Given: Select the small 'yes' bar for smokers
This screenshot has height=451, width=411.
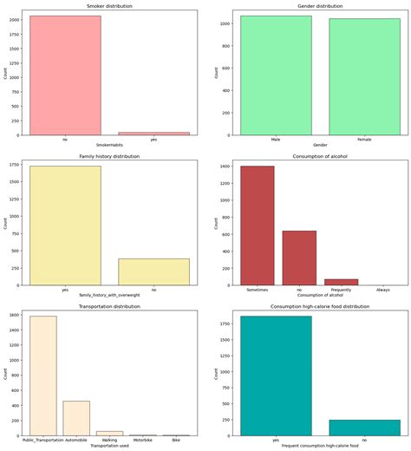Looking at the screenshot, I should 153,133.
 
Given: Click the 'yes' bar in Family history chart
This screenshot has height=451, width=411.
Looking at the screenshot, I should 65,225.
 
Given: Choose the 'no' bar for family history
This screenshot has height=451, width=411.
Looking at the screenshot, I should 153,271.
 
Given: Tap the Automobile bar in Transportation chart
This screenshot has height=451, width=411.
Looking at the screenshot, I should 76,417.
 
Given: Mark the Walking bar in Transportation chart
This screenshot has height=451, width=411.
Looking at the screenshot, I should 109,432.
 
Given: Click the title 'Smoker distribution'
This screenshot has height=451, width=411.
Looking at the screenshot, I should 110,6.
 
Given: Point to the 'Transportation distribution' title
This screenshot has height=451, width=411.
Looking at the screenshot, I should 110,306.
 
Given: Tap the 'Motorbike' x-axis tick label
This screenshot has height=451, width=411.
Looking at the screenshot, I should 143,440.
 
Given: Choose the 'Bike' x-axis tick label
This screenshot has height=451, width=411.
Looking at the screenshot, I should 177,440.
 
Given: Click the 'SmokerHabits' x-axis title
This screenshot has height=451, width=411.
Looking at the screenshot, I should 110,146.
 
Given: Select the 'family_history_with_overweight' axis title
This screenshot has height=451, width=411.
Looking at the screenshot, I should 110,296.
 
